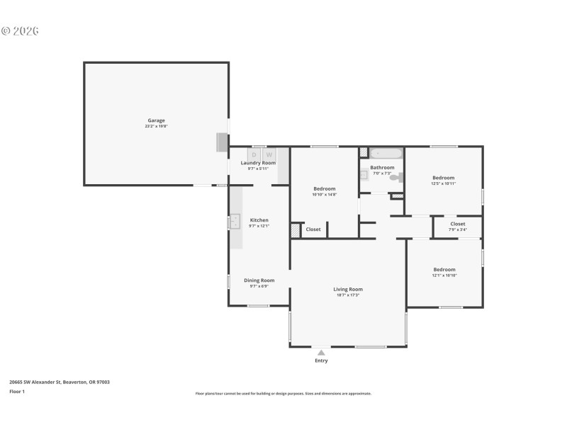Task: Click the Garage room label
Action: click(x=156, y=120)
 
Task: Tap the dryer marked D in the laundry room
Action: click(x=254, y=154)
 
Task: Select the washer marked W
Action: click(x=269, y=154)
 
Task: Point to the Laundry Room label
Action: click(x=258, y=163)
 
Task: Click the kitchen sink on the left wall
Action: click(x=235, y=222)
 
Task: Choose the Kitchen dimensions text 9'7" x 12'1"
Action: click(x=259, y=226)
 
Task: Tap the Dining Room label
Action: click(x=259, y=280)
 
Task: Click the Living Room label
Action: click(x=348, y=289)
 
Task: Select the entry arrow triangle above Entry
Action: click(x=321, y=352)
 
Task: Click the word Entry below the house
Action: click(x=321, y=361)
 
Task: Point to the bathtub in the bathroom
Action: click(x=386, y=153)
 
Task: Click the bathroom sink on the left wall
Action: click(x=364, y=174)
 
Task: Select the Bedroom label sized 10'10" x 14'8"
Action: click(x=325, y=188)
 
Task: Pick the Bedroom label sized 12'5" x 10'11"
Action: click(x=444, y=178)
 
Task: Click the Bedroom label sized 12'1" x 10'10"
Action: click(x=444, y=269)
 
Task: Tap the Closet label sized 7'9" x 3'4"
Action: click(x=458, y=224)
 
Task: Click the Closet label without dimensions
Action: click(x=313, y=229)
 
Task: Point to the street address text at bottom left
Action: click(x=60, y=382)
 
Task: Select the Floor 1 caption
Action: click(x=17, y=391)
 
